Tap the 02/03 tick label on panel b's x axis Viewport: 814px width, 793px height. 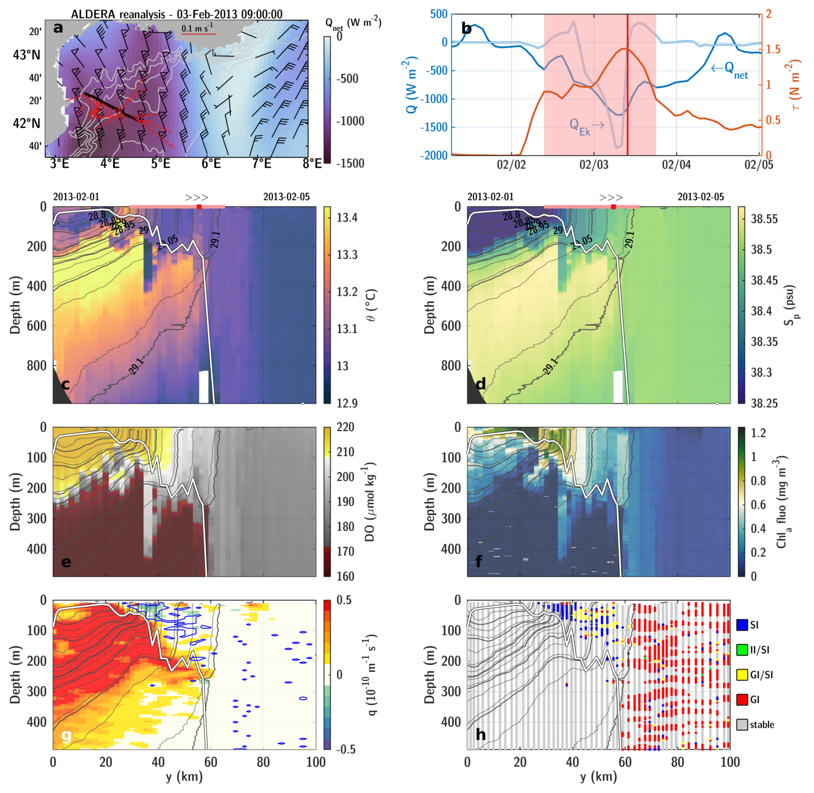click(x=594, y=165)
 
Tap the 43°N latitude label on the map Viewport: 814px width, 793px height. click(x=27, y=55)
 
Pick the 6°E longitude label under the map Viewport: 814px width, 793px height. click(x=211, y=164)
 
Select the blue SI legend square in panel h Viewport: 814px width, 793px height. click(x=742, y=625)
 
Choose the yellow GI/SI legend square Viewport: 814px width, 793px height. click(x=742, y=675)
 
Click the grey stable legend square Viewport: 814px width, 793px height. click(x=742, y=725)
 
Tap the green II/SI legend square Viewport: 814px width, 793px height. click(x=742, y=650)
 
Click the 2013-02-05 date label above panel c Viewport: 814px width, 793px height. click(x=287, y=197)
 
